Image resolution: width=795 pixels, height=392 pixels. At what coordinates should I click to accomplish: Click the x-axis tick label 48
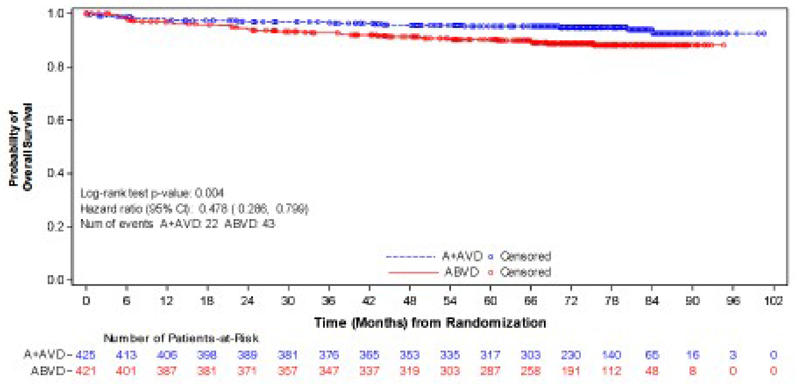point(410,301)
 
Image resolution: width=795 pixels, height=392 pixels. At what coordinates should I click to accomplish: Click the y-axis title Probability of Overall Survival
point(20,147)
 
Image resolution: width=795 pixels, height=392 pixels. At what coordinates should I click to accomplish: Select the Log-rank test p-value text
point(152,194)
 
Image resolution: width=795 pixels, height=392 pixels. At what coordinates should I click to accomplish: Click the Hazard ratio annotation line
point(194,209)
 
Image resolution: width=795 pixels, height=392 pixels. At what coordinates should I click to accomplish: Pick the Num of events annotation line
point(177,224)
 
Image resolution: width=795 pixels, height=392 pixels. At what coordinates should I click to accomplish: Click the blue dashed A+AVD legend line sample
point(410,256)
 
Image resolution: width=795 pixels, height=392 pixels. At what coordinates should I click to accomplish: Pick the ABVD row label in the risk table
point(48,370)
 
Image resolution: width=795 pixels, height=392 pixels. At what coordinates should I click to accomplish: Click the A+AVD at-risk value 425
point(86,355)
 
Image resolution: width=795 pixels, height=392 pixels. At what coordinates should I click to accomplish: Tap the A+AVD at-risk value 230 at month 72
point(571,355)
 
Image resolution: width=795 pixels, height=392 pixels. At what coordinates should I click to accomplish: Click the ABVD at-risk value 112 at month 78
point(611,370)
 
